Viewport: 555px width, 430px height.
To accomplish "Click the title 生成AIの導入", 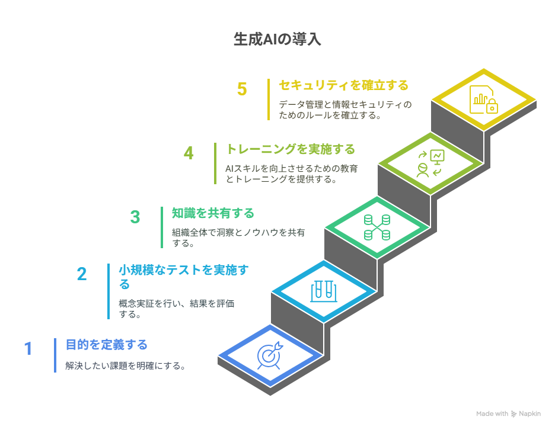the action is (277, 39).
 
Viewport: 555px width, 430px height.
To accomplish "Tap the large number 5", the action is (242, 89).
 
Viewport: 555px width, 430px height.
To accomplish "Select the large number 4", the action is (189, 153).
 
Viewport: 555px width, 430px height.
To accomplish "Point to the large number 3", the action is (135, 217).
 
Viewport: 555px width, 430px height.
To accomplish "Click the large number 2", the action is (82, 274).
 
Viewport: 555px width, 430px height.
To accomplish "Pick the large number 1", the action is (28, 349).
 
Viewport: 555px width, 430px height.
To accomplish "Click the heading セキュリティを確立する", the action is (343, 85).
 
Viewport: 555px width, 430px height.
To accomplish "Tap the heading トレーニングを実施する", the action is (290, 149).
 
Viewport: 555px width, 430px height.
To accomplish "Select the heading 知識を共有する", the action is (213, 213).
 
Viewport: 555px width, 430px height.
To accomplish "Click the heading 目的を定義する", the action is (107, 345).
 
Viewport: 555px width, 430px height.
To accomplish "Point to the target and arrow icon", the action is (270, 355).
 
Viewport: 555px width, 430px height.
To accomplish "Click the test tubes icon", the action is (324, 291).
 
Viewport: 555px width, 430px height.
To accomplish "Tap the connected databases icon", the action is (377, 227).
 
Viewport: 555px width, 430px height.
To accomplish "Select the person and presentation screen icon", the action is (430, 163).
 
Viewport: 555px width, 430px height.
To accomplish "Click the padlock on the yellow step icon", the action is (492, 106).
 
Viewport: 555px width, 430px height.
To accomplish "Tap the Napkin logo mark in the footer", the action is (513, 414).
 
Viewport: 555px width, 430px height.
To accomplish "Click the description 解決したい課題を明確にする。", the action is (126, 365).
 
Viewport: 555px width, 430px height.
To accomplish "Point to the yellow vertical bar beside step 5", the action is (269, 100).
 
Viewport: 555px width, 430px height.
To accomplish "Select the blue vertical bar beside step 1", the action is (55, 355).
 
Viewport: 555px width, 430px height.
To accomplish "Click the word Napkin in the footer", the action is (530, 414).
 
